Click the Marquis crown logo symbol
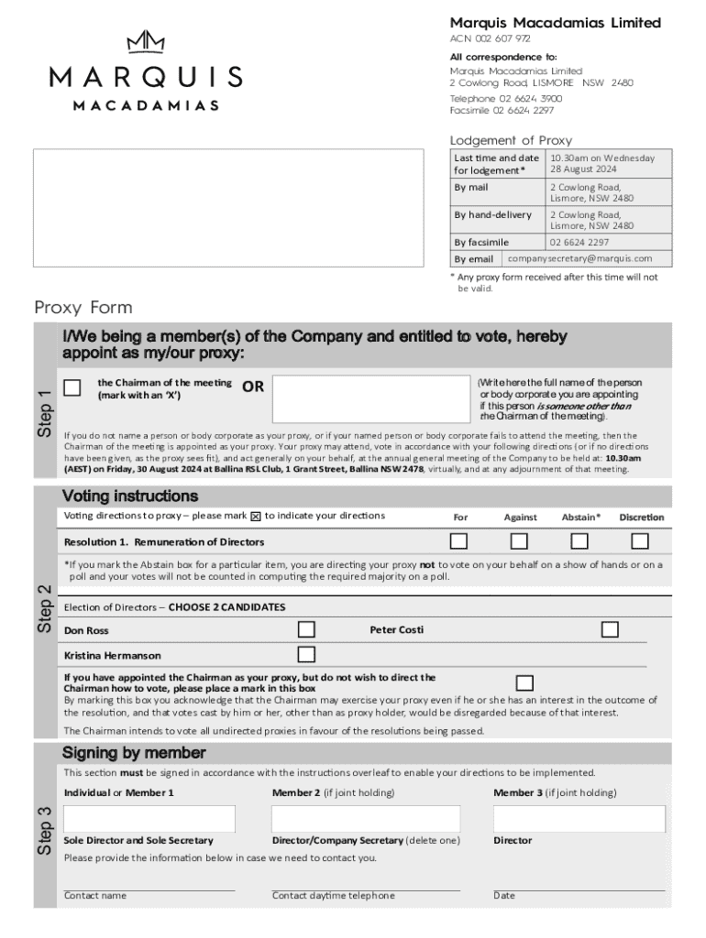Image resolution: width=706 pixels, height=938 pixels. tap(146, 43)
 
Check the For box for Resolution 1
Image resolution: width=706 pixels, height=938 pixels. tap(459, 541)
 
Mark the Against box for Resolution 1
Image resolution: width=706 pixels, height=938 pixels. tap(519, 541)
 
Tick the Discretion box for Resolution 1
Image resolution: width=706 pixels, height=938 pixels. tap(640, 541)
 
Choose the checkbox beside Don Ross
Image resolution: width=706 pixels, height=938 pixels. tap(306, 629)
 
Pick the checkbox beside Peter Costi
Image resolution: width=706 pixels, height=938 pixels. tap(610, 629)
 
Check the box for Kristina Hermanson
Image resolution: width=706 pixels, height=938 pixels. tap(306, 654)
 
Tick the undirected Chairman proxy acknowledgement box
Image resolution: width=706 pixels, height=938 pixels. tap(524, 682)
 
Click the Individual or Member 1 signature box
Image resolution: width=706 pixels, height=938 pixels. tap(149, 819)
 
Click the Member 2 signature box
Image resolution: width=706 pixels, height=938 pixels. tap(366, 819)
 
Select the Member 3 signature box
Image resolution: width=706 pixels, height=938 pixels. tap(579, 819)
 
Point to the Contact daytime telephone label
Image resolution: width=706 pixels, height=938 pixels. tap(334, 896)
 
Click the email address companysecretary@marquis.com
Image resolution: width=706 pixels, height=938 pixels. tap(579, 258)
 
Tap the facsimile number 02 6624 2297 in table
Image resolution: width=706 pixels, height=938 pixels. tap(579, 243)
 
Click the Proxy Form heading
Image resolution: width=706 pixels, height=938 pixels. tap(83, 307)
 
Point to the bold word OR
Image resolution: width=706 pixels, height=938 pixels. tap(253, 387)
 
